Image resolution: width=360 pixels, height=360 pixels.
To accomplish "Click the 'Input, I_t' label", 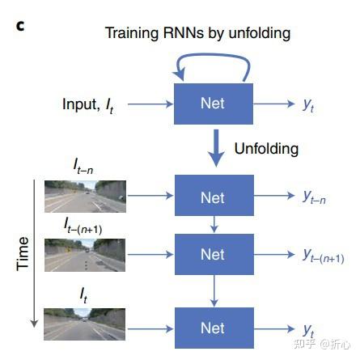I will point(91,104).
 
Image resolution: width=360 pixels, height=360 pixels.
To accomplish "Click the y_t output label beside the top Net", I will point(309,104).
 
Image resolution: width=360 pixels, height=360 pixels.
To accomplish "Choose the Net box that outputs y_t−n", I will point(212,197).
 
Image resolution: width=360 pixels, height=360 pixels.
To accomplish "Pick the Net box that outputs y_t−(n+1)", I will point(212,255).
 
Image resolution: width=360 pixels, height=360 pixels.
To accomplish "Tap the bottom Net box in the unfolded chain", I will point(212,328).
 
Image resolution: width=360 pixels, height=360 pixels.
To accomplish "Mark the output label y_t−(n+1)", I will point(323,256).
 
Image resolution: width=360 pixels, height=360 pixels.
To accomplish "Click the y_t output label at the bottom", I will point(308,329).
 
